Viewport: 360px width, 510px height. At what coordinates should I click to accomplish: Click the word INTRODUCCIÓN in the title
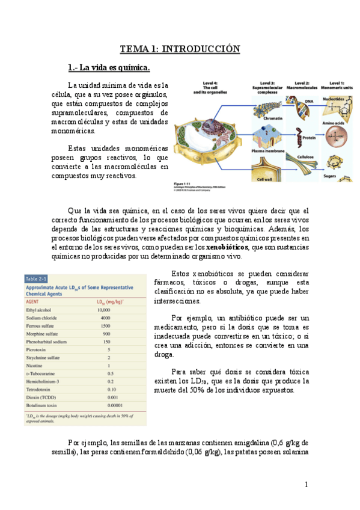pos(201,49)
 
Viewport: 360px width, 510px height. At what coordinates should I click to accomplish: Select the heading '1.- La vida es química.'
pos(108,67)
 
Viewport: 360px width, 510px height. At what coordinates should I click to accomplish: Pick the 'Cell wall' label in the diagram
pos(266,179)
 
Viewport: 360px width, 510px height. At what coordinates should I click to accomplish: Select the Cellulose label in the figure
pos(310,156)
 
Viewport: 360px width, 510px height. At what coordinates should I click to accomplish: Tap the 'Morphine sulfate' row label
pos(45,333)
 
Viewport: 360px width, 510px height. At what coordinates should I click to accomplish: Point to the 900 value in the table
pos(106,333)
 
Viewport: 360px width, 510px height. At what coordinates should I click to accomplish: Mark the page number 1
pos(306,484)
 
